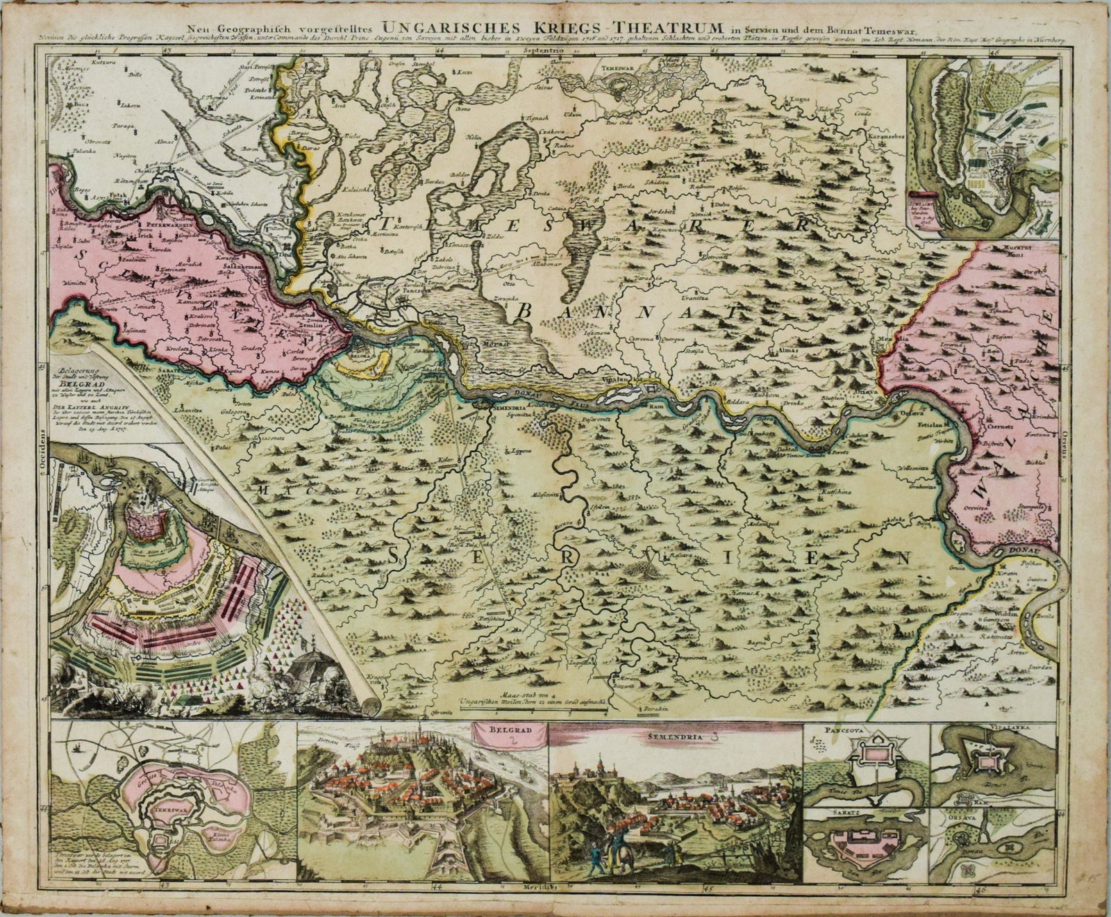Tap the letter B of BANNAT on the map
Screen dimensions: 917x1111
point(524,312)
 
